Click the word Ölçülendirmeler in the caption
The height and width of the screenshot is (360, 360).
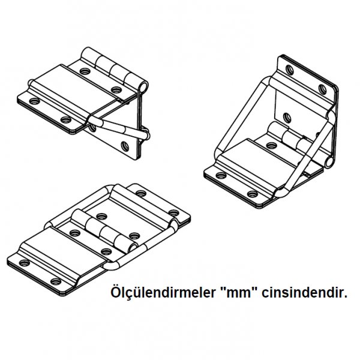pyautogui.click(x=163, y=293)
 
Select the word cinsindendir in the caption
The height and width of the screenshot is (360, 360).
pyautogui.click(x=304, y=293)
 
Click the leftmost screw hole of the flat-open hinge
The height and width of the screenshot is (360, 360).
pyautogui.click(x=24, y=263)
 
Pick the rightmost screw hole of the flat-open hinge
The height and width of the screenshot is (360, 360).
pyautogui.click(x=173, y=212)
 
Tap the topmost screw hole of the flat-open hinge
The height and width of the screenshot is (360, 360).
pyautogui.click(x=141, y=193)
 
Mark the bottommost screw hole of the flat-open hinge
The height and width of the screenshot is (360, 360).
pyautogui.click(x=56, y=281)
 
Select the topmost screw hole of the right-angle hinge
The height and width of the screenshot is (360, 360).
pyautogui.click(x=290, y=70)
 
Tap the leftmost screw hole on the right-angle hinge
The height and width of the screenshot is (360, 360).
pyautogui.click(x=221, y=176)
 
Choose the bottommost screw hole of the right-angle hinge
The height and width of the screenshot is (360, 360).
pyautogui.click(x=253, y=194)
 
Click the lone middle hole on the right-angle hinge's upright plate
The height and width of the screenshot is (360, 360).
pyautogui.click(x=287, y=118)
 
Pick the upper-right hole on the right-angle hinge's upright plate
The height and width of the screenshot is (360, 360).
pyautogui.click(x=322, y=89)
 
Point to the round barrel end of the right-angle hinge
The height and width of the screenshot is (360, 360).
pyautogui.click(x=329, y=161)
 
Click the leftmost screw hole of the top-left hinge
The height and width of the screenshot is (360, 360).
pyautogui.click(x=34, y=101)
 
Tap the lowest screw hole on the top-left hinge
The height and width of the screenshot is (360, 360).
pyautogui.click(x=125, y=146)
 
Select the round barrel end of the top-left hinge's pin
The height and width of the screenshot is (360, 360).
pyautogui.click(x=143, y=87)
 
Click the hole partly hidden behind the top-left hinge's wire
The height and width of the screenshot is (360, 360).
pyautogui.click(x=92, y=128)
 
